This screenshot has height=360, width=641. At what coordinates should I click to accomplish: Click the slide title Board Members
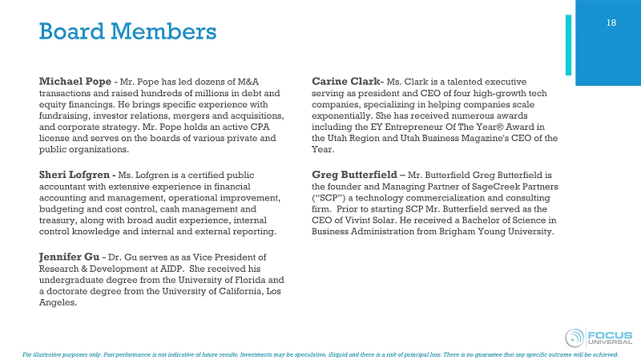click(x=128, y=32)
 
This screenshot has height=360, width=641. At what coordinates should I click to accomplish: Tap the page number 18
click(x=611, y=22)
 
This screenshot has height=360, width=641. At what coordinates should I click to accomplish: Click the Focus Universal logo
click(x=597, y=337)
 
